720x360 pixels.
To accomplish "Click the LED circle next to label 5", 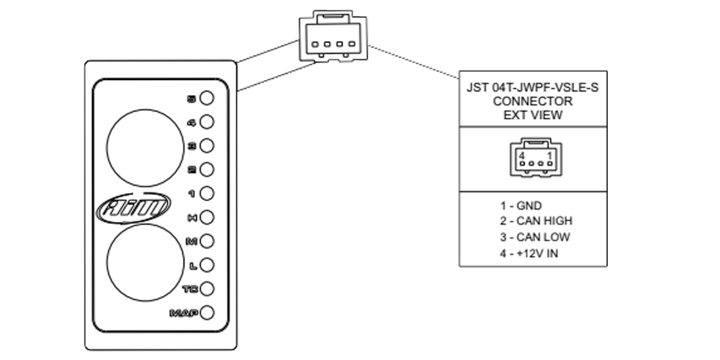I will (x=207, y=98).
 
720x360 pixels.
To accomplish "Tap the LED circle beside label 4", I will (x=207, y=122).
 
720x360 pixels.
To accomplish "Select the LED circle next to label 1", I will (x=207, y=193).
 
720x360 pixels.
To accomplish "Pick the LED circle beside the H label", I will (x=207, y=217).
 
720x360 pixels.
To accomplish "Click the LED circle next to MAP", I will (x=207, y=312).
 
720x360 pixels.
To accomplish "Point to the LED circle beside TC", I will (x=207, y=289).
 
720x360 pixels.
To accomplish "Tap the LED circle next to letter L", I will (x=207, y=265).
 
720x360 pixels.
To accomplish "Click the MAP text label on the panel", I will (x=184, y=313).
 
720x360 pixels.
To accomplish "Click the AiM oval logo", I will (x=134, y=208).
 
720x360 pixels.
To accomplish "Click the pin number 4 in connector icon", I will (x=521, y=156).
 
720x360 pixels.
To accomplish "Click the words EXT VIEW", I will (x=533, y=114).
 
